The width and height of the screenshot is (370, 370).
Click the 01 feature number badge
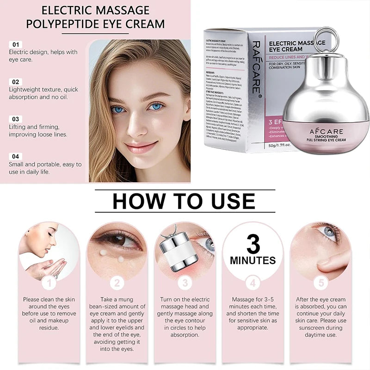tap(16, 44)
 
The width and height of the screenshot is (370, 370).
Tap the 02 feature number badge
tap(16, 82)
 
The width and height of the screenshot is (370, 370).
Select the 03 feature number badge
tap(16, 119)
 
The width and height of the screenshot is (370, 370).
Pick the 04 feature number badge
tap(16, 156)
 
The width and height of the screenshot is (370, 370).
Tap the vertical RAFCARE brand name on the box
tap(256, 68)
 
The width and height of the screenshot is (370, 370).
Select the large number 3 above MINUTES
tap(253, 244)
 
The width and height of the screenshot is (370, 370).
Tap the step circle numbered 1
tap(49, 283)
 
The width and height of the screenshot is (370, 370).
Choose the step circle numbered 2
tap(117, 283)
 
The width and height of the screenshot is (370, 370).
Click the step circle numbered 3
tap(185, 283)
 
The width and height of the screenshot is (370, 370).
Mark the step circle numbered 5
tap(321, 283)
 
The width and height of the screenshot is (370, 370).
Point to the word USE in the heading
tap(231, 201)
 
